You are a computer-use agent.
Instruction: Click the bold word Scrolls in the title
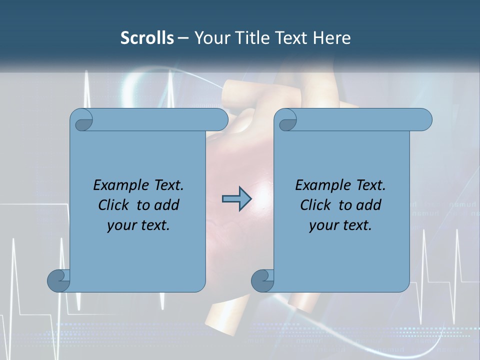pos(147,38)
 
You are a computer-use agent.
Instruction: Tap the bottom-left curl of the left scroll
pos(59,280)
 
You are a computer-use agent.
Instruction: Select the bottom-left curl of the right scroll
pos(263,280)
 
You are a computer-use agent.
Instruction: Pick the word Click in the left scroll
pos(115,205)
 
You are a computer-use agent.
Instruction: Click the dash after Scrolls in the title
pos(183,38)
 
